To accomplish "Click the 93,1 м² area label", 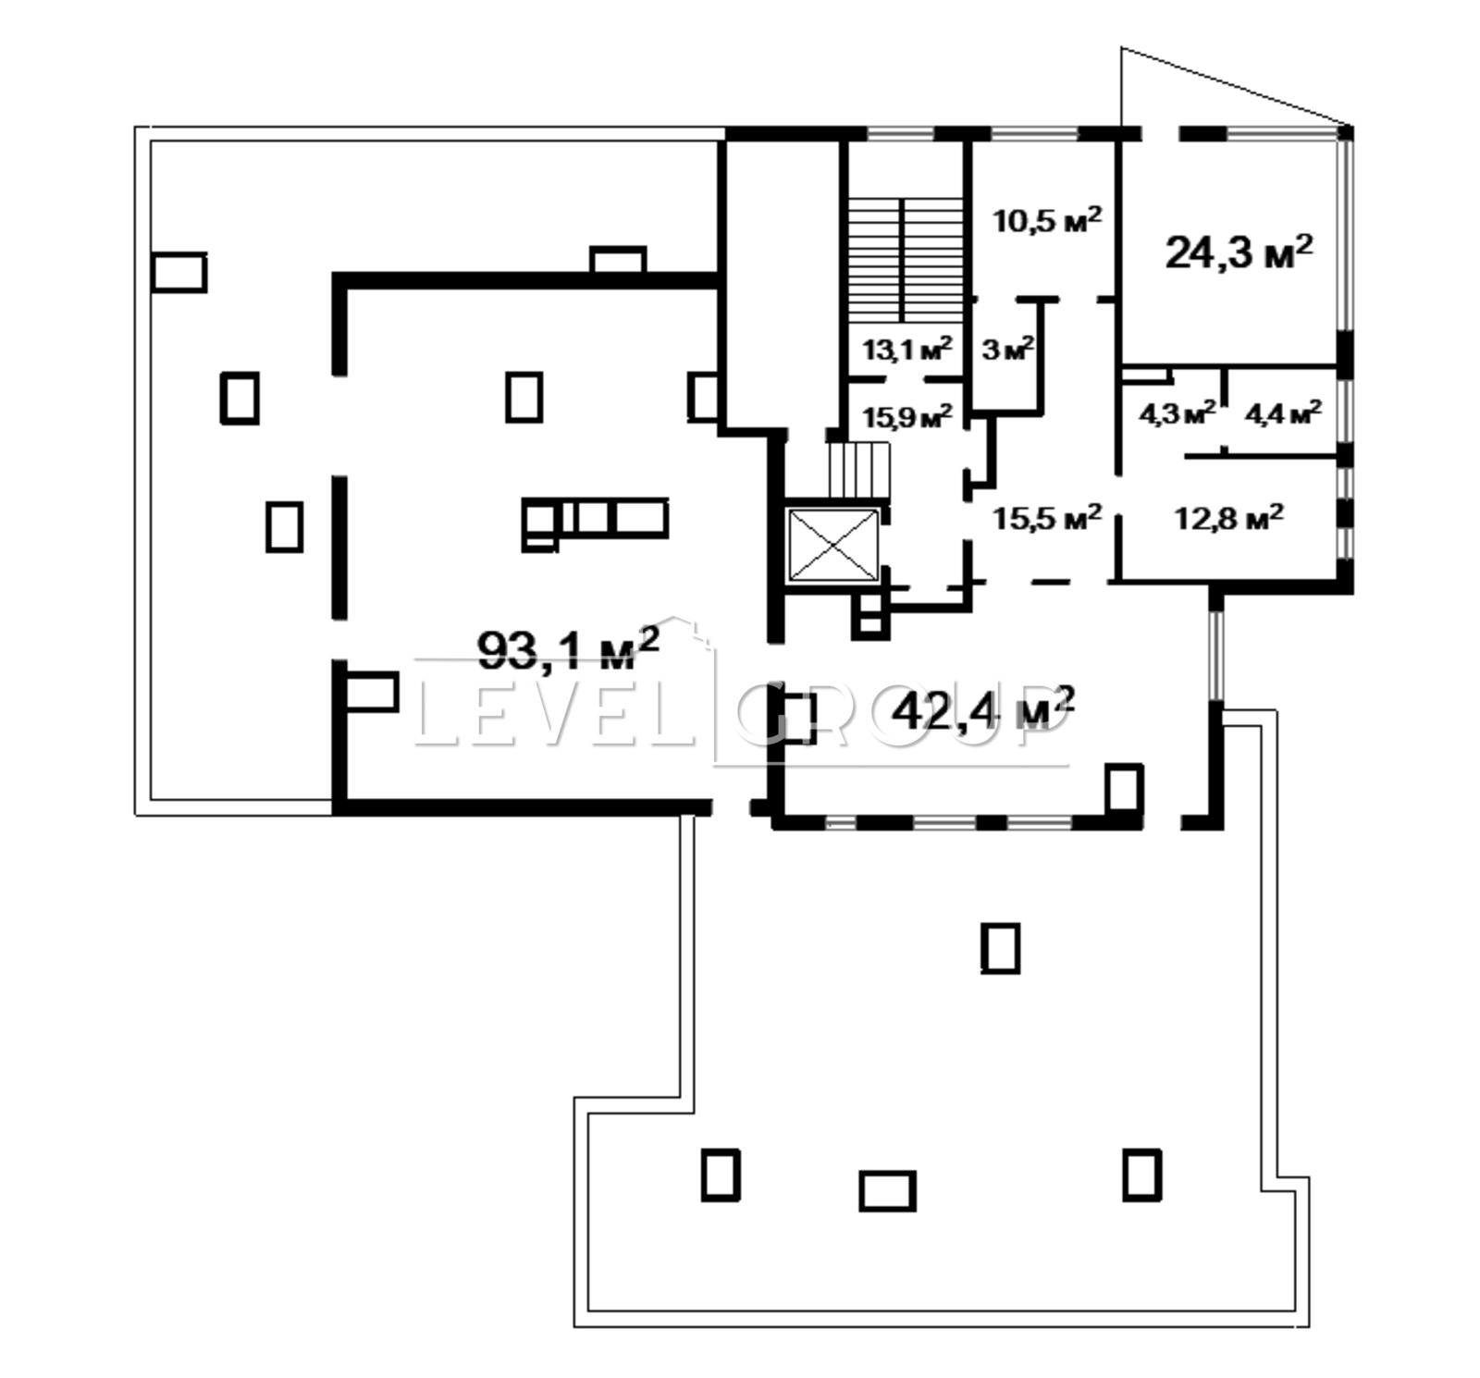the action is coord(568,648).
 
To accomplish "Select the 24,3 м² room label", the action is coord(1239,251).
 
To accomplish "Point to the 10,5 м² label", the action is coord(1047,220).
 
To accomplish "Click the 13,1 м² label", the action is coord(907,350).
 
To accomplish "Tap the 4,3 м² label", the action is coord(1177,412).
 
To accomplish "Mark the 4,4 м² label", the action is coord(1283,412).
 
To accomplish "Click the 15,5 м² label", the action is coord(1047,516).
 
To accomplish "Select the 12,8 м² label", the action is coord(1229,516).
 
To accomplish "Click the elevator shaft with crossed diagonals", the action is coord(832,546).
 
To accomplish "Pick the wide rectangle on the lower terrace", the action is coord(887,1190).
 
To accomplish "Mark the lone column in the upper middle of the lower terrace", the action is coord(1000,948).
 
